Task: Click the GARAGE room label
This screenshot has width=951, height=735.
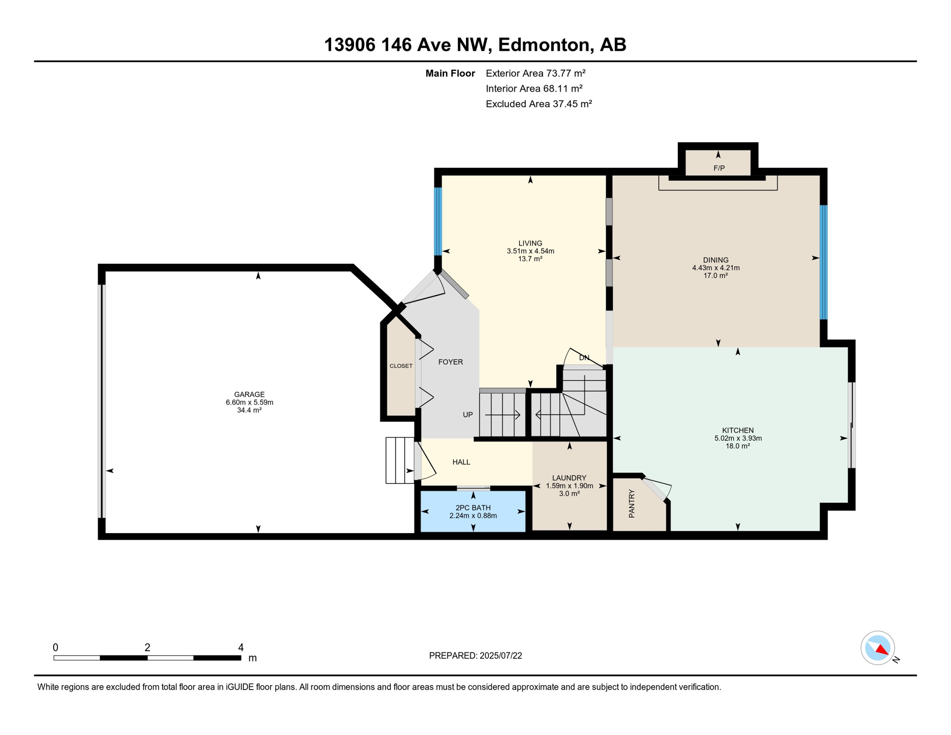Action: (x=249, y=394)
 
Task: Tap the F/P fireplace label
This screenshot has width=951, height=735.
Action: (x=719, y=168)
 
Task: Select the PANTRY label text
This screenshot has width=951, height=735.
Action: (x=631, y=503)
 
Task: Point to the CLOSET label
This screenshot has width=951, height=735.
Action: (x=401, y=366)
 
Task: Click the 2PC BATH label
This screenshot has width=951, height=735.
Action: (x=473, y=508)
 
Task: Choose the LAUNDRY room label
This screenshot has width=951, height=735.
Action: (x=569, y=478)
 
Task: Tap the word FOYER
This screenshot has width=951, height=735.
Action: (x=451, y=362)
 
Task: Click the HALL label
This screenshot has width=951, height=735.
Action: (x=461, y=462)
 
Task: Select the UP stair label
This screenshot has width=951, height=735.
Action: (x=468, y=414)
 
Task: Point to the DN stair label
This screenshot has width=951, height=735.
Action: (x=584, y=357)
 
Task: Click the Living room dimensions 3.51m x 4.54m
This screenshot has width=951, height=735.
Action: (x=531, y=251)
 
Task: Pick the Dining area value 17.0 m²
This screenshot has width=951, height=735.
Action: (x=716, y=276)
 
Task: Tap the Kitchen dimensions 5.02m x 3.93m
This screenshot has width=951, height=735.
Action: (x=738, y=438)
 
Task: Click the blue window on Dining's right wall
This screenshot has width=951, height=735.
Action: (x=824, y=262)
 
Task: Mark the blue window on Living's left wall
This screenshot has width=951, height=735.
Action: (x=438, y=222)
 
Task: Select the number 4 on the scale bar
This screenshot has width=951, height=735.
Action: (x=241, y=647)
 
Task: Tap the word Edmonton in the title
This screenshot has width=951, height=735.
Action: (x=543, y=45)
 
